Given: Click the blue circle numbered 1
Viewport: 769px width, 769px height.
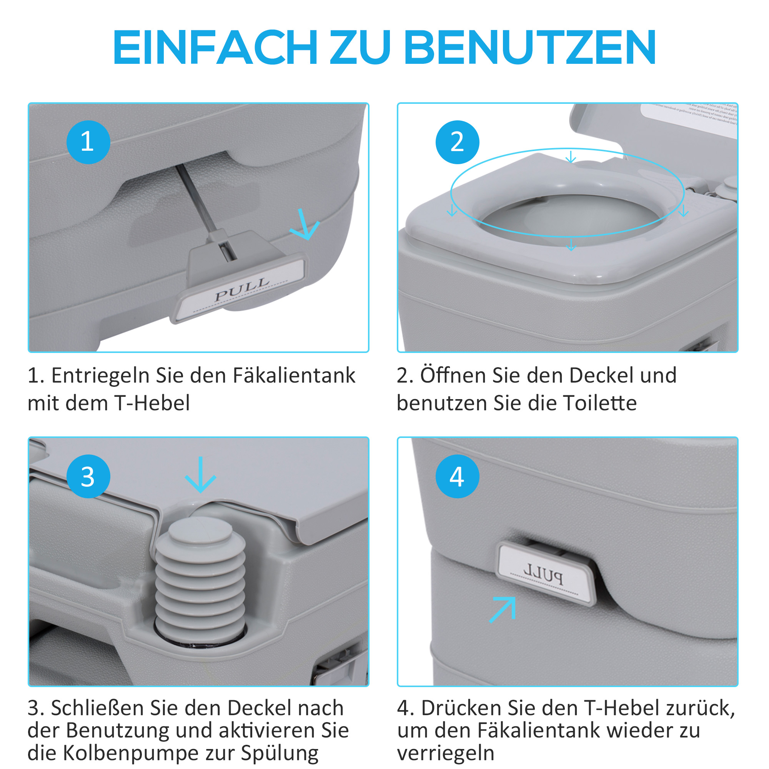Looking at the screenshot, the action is click(88, 142).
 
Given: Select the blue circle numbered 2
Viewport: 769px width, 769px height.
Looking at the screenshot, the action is click(457, 142).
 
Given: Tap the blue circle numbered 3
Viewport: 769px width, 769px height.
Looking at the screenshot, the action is click(88, 476).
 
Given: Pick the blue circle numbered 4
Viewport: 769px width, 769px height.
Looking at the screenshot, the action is click(457, 476).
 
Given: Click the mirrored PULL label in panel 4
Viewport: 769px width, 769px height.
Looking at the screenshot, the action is click(543, 574).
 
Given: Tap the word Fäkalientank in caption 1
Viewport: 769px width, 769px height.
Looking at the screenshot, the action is click(294, 375).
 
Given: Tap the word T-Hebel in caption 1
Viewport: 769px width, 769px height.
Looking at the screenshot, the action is click(152, 403).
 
